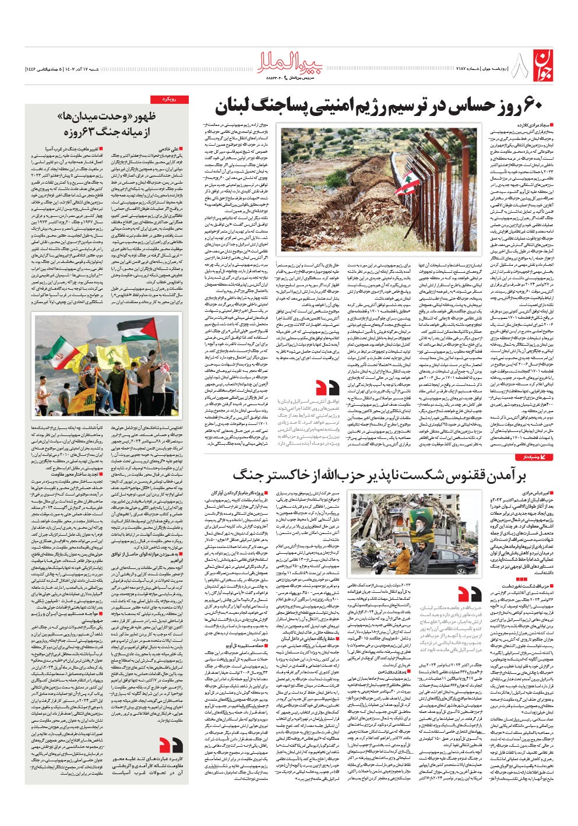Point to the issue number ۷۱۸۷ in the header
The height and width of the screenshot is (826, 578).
(476, 69)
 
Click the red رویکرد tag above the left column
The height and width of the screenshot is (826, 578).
(170, 100)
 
